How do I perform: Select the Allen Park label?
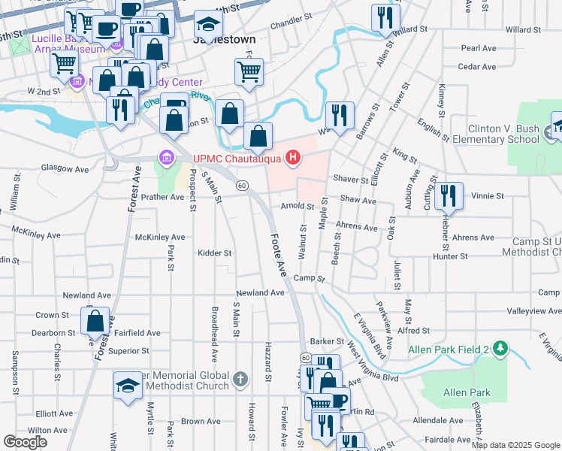[x=467, y=392]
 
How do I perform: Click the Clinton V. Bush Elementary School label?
[x=503, y=134]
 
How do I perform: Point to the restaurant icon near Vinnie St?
[x=449, y=196]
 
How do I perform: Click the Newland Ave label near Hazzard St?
[x=260, y=292]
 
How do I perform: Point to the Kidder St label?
[x=215, y=253]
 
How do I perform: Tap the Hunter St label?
[x=450, y=256]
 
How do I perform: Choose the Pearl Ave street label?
[x=479, y=48]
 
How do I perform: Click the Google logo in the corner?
[x=25, y=442]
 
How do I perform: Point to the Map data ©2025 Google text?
[x=515, y=445]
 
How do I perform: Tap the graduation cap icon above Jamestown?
[x=208, y=25]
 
